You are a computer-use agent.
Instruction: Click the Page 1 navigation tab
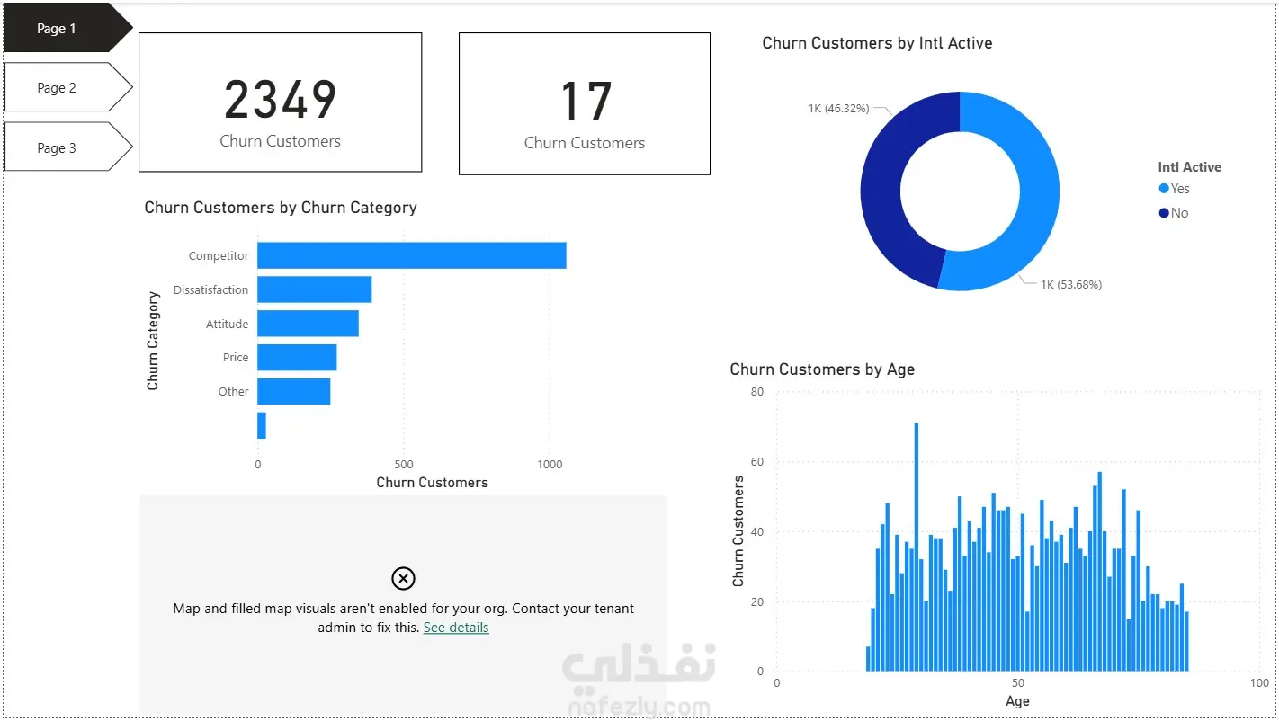pos(58,29)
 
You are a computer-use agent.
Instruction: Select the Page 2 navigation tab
pos(58,88)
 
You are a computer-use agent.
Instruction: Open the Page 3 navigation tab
pos(58,148)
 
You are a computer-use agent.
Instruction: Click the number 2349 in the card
pos(280,100)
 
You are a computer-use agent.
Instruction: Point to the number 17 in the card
pos(585,102)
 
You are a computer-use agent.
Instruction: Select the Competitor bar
pos(411,255)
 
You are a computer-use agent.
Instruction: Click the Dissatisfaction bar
pos(314,289)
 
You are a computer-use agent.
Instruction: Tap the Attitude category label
pos(227,324)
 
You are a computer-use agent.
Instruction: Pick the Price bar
pos(297,358)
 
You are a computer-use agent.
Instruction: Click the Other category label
pos(233,391)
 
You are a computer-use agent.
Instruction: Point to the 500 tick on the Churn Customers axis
pos(404,465)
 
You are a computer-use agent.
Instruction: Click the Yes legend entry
pos(1175,189)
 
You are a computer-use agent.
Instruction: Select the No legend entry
pos(1175,213)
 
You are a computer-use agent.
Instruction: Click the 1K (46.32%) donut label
pos(838,109)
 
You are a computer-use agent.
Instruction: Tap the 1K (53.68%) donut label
pos(1070,285)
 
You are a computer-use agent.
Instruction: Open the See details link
pos(456,628)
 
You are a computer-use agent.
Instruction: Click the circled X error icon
pos(404,578)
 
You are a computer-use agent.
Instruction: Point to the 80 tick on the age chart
pos(756,392)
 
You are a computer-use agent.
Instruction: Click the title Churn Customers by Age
pos(822,369)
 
